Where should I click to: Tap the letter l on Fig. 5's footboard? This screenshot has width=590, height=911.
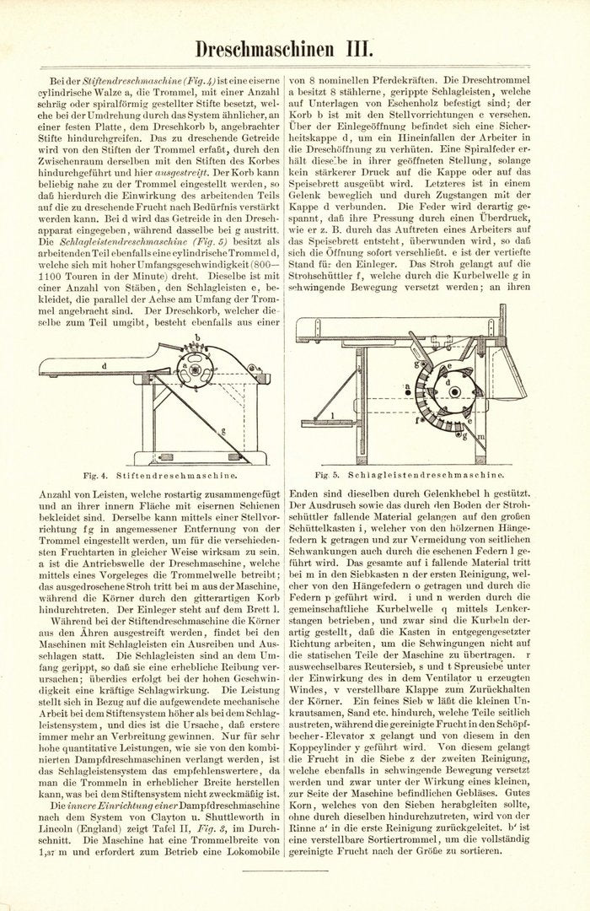334,414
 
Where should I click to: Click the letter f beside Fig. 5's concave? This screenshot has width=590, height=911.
416,419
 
